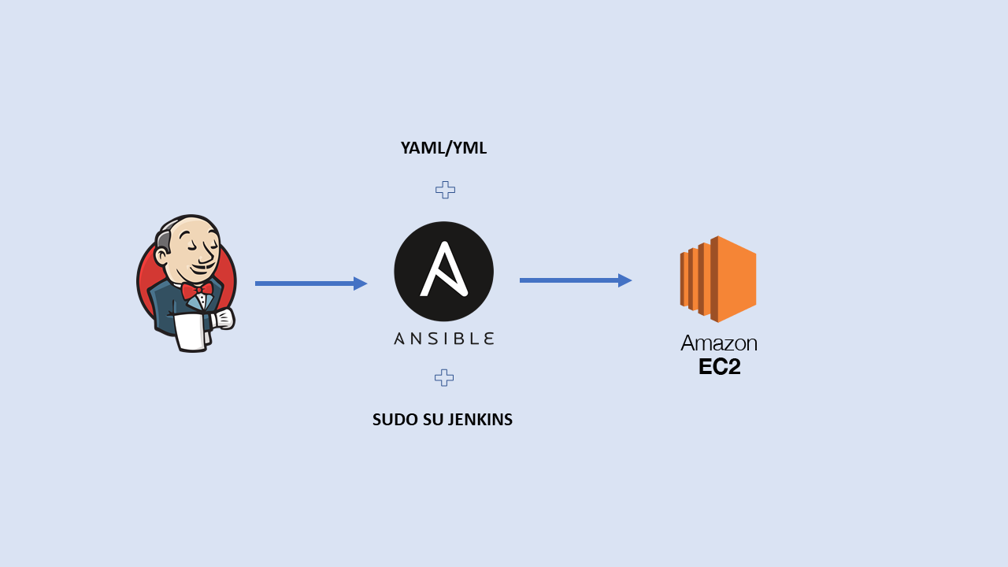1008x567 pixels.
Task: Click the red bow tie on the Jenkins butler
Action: point(197,291)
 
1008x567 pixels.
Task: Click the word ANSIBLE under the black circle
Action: point(443,339)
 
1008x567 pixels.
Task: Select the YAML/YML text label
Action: point(443,148)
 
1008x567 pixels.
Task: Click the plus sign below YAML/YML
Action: point(445,190)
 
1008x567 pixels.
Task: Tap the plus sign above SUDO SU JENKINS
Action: point(444,378)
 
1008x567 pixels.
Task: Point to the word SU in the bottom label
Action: point(433,420)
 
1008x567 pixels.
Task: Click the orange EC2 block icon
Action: point(718,280)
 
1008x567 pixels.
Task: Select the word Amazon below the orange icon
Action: point(718,343)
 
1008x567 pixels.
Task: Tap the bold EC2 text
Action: point(719,367)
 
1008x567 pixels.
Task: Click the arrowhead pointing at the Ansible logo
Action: point(361,283)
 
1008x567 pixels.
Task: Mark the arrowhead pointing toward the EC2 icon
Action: point(625,280)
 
